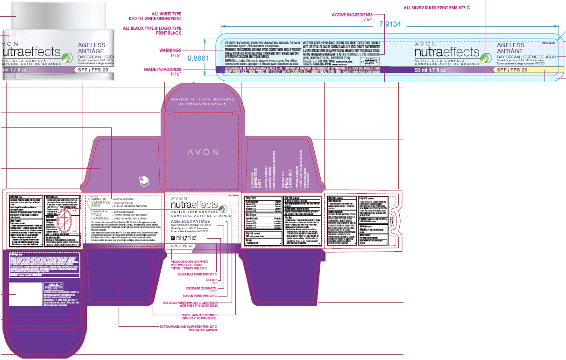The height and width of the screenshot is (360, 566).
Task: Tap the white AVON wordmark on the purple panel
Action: pyautogui.click(x=203, y=152)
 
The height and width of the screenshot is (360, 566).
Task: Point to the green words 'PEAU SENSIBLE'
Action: pyautogui.click(x=100, y=215)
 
